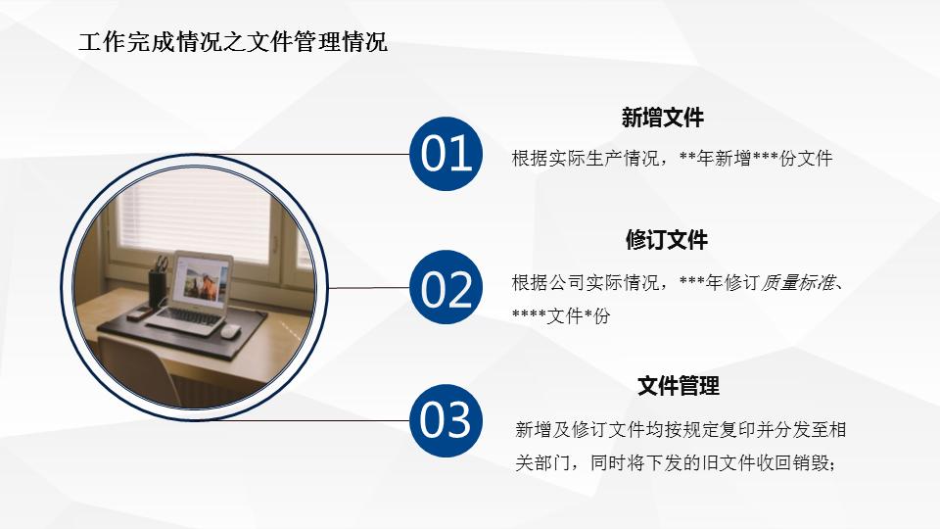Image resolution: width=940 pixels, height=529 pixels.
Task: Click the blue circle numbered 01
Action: [x=446, y=155]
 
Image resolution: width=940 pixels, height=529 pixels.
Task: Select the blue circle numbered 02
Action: [x=446, y=288]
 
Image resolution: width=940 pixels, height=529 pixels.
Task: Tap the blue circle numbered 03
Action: [x=446, y=420]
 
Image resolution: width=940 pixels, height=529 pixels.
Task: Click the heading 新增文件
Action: [x=662, y=119]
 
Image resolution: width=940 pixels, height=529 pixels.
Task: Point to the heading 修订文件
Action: [x=666, y=240]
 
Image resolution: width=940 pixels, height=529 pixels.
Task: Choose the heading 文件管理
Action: [x=678, y=386]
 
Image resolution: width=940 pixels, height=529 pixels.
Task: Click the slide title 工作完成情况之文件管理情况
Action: [x=232, y=42]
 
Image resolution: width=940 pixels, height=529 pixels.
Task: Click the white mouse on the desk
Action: [x=229, y=330]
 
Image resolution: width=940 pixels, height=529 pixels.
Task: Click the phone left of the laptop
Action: [x=142, y=312]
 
